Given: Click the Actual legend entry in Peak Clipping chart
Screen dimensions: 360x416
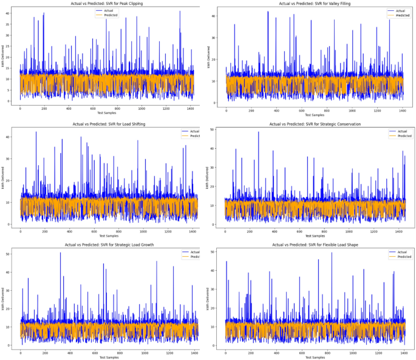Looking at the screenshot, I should coord(107,10).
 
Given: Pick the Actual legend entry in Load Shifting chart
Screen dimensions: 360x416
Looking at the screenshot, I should coord(194,131).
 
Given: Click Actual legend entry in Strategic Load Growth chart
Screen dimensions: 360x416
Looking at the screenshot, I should coord(194,252).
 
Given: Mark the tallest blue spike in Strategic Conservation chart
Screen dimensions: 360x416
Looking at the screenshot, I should coord(258,133).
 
